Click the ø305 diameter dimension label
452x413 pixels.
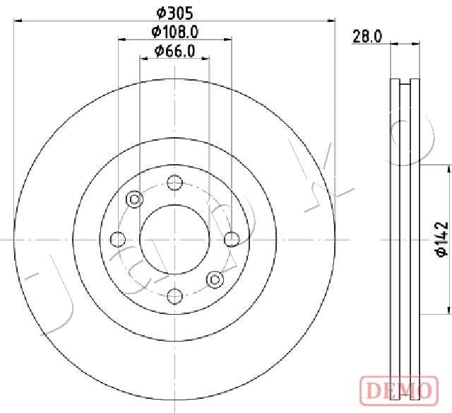[174, 13]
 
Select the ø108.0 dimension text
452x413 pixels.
[175, 32]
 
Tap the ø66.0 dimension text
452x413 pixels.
[174, 51]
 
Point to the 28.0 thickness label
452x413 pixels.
[367, 37]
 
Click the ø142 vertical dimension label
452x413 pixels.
[442, 239]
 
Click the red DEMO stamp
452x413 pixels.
[399, 390]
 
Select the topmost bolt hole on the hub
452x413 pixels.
[175, 182]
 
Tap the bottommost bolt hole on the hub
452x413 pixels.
[175, 296]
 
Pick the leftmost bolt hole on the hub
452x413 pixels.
[118, 239]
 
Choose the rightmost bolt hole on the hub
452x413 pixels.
[232, 239]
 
